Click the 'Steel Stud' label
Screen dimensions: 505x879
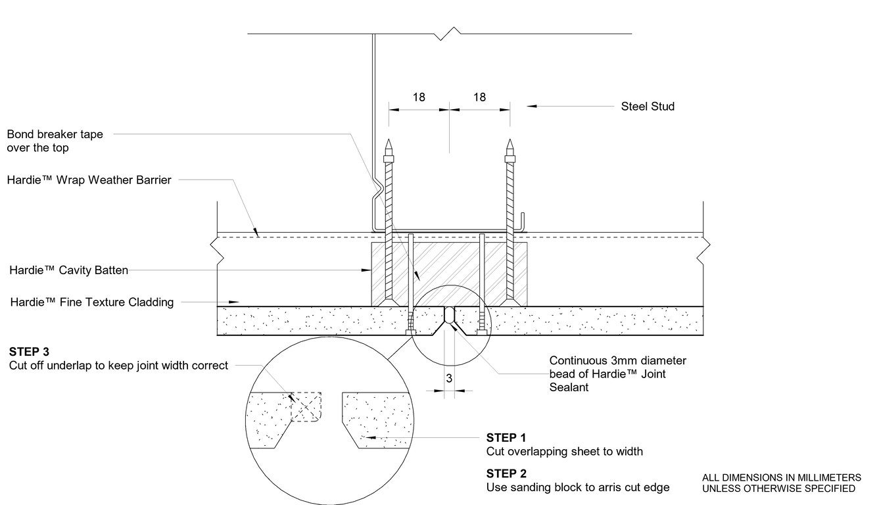point(648,107)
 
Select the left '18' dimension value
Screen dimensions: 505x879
point(419,97)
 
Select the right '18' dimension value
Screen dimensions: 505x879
point(479,97)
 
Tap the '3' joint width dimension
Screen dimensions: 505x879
point(448,378)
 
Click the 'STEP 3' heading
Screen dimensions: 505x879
point(29,352)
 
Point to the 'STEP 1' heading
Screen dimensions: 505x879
point(506,437)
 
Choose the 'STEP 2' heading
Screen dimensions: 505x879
point(506,473)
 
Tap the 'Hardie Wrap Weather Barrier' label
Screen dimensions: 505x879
point(89,180)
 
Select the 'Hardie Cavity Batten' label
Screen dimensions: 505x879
point(68,270)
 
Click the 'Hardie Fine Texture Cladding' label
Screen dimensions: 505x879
point(91,302)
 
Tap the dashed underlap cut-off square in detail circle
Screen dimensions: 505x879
point(306,407)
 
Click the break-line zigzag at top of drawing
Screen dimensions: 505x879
point(450,31)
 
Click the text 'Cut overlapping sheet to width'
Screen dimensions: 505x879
point(564,452)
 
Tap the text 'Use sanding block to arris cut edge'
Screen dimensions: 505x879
point(577,488)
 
